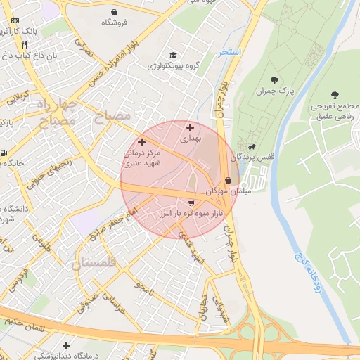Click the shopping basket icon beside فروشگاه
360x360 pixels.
[115, 12]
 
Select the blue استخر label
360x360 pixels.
[230, 52]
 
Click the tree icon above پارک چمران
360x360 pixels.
[274, 80]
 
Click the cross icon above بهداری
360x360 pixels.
[191, 128]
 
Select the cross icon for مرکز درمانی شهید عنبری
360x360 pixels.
[141, 142]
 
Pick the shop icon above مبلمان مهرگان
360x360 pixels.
[228, 180]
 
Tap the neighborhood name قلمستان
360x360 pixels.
[96, 264]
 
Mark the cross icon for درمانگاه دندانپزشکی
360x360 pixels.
[66, 345]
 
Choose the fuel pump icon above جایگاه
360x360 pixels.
[5, 153]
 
